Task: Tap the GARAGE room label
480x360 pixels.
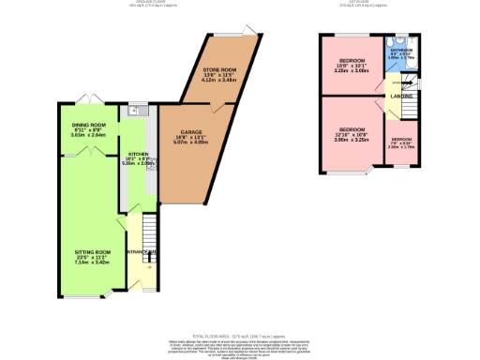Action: tap(184, 133)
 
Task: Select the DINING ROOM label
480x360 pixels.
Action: tap(89, 125)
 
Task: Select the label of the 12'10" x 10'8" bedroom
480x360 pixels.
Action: tap(352, 128)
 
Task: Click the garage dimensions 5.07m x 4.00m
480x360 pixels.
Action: tap(184, 144)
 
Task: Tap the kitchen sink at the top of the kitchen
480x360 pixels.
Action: tap(135, 111)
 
